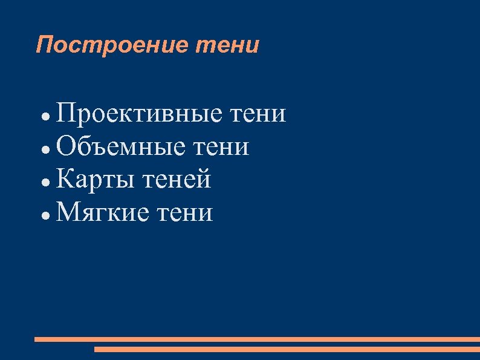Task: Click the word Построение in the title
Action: [x=112, y=45]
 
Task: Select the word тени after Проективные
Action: [x=258, y=114]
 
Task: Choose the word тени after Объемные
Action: [x=221, y=147]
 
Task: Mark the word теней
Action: [x=177, y=180]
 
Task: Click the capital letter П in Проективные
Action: [x=66, y=113]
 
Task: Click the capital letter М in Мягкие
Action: [x=68, y=213]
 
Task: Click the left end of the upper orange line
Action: [x=36, y=339]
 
